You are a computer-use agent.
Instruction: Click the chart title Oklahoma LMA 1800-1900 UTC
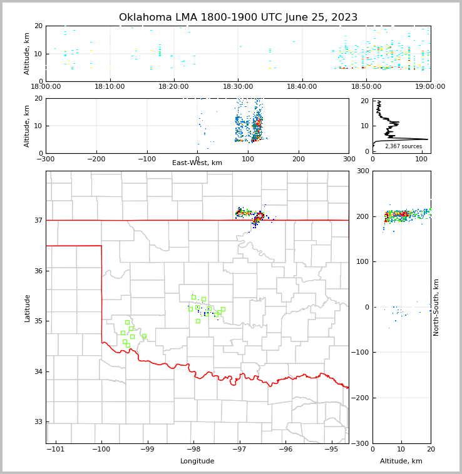pos(238,18)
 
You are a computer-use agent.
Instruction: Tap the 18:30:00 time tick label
pos(238,87)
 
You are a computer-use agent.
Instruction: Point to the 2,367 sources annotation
pos(403,146)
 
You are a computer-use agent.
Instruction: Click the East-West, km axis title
pos(197,163)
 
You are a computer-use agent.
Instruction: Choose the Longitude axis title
pos(197,461)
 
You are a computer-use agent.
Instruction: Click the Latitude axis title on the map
pos(28,308)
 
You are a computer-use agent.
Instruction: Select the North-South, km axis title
pos(436,307)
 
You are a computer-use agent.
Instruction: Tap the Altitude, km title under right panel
pos(401,461)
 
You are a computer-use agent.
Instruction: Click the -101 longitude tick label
pos(56,449)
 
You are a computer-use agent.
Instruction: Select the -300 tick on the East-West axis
pos(46,159)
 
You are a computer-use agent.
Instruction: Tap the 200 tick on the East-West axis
pos(299,159)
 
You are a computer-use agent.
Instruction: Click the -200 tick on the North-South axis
pos(362,398)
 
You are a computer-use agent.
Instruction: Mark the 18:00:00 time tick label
pos(46,87)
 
